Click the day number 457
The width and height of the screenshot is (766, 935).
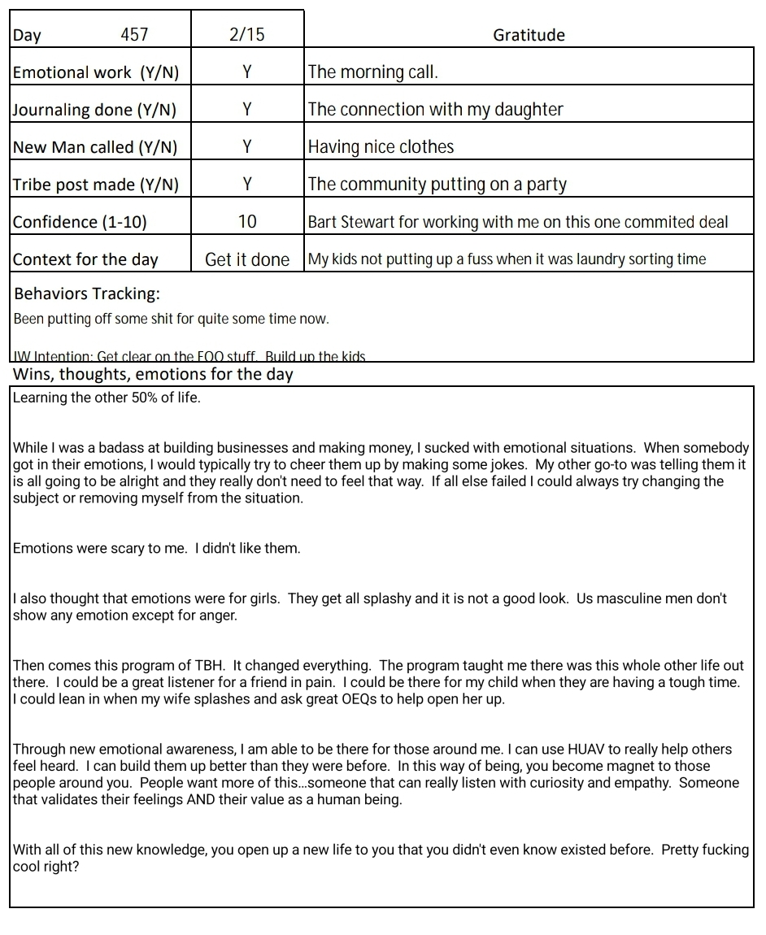pos(134,34)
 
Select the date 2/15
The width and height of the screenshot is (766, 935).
pos(247,34)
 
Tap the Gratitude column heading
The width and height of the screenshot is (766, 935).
pos(529,35)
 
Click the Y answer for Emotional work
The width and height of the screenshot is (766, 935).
pos(247,72)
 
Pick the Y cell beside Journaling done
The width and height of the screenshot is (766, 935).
pos(247,109)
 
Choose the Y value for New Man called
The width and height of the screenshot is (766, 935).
pos(247,146)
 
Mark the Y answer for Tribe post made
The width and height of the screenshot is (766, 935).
pos(247,184)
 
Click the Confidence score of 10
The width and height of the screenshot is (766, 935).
pos(247,221)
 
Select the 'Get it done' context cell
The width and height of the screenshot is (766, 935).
pos(247,259)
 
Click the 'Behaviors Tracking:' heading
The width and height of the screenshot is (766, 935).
pos(87,294)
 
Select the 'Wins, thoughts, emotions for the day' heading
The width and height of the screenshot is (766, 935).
pos(153,374)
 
